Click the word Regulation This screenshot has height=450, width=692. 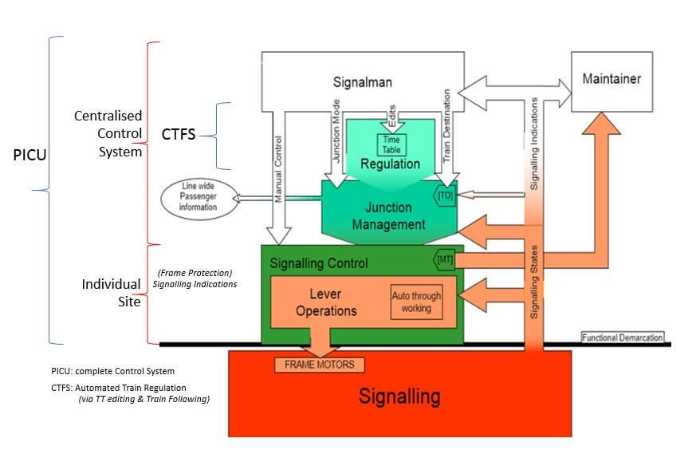(x=390, y=164)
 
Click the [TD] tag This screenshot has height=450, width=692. (x=445, y=194)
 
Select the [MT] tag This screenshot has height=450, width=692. (x=444, y=260)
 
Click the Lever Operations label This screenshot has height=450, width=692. (x=325, y=302)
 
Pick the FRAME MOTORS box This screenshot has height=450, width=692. (x=320, y=365)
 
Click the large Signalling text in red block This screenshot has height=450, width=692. (x=399, y=396)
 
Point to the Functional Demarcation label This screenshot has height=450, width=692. (x=622, y=337)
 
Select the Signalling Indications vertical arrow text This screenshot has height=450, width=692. (x=533, y=144)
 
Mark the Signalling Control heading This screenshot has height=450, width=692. (x=319, y=262)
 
